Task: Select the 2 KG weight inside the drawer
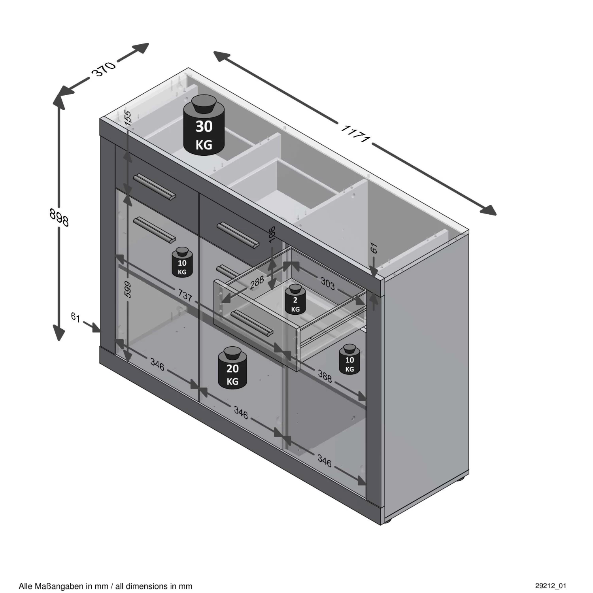pyautogui.click(x=295, y=299)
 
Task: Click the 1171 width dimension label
pyautogui.click(x=355, y=134)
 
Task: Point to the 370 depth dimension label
pyautogui.click(x=104, y=69)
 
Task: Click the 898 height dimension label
pyautogui.click(x=59, y=217)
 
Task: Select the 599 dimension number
pyautogui.click(x=127, y=290)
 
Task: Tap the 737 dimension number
pyautogui.click(x=185, y=295)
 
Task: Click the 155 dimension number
pyautogui.click(x=127, y=118)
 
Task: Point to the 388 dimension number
pyautogui.click(x=325, y=377)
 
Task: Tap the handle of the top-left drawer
pyautogui.click(x=155, y=187)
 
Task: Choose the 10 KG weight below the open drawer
pyautogui.click(x=349, y=359)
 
